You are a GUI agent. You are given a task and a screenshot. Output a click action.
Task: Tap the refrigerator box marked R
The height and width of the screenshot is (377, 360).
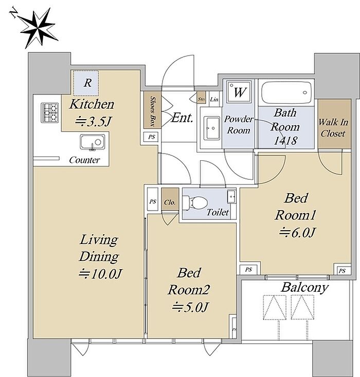(x=86, y=83)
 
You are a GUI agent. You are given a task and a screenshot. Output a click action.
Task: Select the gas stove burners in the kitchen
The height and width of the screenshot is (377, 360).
(x=49, y=112)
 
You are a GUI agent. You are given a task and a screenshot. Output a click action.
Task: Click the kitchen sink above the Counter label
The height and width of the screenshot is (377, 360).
(x=93, y=142)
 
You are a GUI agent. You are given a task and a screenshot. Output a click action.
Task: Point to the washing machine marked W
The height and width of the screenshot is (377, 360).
(x=240, y=92)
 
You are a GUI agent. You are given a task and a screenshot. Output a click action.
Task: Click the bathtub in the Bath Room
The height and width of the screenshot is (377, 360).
(x=286, y=92)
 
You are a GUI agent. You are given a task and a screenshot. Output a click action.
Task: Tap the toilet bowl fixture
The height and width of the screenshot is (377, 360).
(x=195, y=202)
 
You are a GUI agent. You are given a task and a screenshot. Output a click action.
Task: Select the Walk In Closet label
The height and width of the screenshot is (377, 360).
(x=333, y=128)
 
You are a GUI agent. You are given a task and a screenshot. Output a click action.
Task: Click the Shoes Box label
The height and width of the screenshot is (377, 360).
(x=152, y=110)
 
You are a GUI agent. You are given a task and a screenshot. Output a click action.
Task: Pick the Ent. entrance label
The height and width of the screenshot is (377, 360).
(x=182, y=118)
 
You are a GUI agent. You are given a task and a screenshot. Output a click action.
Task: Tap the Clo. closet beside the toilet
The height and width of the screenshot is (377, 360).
(x=170, y=199)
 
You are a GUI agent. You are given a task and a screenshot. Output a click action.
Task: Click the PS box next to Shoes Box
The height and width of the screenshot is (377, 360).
(x=151, y=137)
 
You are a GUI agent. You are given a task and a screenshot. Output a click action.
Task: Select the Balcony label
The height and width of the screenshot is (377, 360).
(x=304, y=288)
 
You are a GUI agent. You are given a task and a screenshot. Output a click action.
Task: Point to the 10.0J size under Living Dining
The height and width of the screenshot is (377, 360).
(x=101, y=274)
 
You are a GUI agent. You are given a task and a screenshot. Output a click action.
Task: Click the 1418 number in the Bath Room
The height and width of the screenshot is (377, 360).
(x=285, y=140)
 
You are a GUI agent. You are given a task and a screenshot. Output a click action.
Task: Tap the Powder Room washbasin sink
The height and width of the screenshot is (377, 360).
(x=212, y=128)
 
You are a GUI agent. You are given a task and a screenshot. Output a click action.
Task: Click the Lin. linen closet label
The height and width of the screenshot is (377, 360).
(x=214, y=99)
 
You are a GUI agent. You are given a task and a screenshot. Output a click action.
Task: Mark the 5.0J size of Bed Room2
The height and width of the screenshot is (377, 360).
(x=190, y=307)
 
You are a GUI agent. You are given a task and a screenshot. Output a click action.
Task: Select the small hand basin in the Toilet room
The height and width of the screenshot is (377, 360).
(x=231, y=196)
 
